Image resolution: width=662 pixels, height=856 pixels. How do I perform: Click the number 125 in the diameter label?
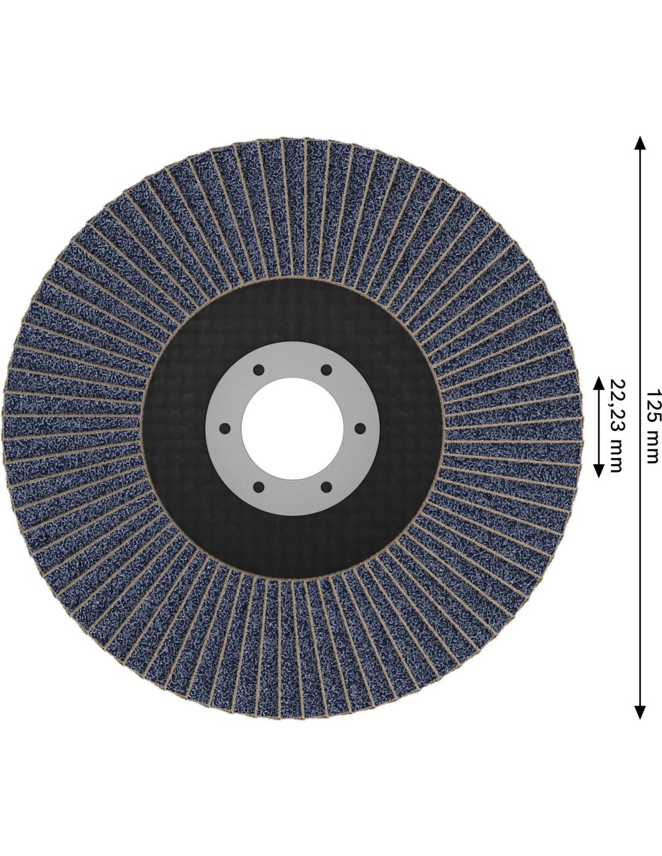tap(653, 406)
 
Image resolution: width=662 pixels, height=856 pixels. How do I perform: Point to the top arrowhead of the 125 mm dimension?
tap(640, 142)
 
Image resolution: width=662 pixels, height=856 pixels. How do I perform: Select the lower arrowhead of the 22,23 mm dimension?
tap(599, 471)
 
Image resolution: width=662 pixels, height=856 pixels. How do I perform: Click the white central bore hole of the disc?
tap(292, 428)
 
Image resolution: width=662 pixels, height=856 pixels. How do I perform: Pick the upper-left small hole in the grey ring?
tap(258, 370)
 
